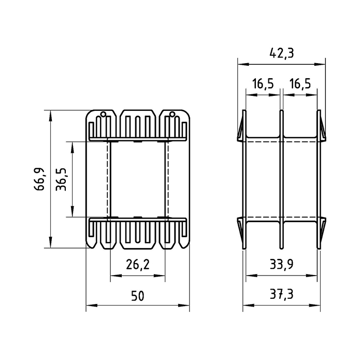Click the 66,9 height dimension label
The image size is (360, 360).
(39, 179)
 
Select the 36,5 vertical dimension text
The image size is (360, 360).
(61, 179)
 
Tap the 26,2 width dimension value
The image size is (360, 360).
(138, 264)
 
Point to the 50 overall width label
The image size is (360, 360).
(138, 296)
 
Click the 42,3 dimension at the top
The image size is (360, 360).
(281, 53)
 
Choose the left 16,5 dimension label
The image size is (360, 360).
(263, 83)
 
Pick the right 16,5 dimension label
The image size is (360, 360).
(300, 83)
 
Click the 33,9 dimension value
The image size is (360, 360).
(281, 264)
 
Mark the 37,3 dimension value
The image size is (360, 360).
(281, 294)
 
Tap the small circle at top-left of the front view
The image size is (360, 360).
(104, 114)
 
